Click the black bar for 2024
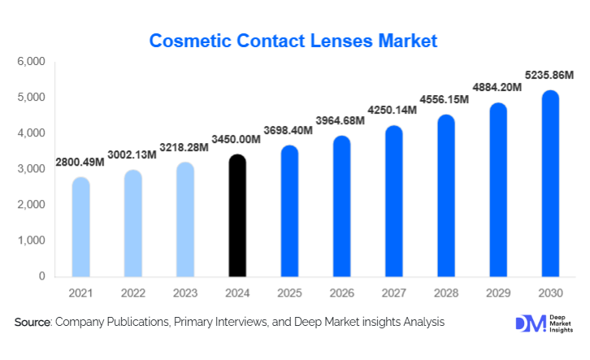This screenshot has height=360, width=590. (x=236, y=215)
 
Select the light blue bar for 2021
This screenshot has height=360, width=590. (x=81, y=227)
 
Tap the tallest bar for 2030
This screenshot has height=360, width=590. (x=550, y=184)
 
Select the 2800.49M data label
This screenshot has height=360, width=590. (x=80, y=163)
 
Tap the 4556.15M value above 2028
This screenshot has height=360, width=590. (x=445, y=100)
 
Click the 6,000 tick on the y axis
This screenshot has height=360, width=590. (x=32, y=62)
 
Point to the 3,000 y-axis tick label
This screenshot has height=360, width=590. (x=32, y=169)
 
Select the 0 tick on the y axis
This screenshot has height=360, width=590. (x=41, y=276)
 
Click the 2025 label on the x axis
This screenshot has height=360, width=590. (x=289, y=293)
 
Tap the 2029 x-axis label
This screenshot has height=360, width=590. (x=497, y=293)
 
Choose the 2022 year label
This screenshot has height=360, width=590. (x=133, y=293)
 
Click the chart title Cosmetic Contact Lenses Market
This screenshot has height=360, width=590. (x=294, y=39)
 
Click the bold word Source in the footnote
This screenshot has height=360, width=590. (x=32, y=323)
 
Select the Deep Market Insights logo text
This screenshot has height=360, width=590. (x=558, y=323)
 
